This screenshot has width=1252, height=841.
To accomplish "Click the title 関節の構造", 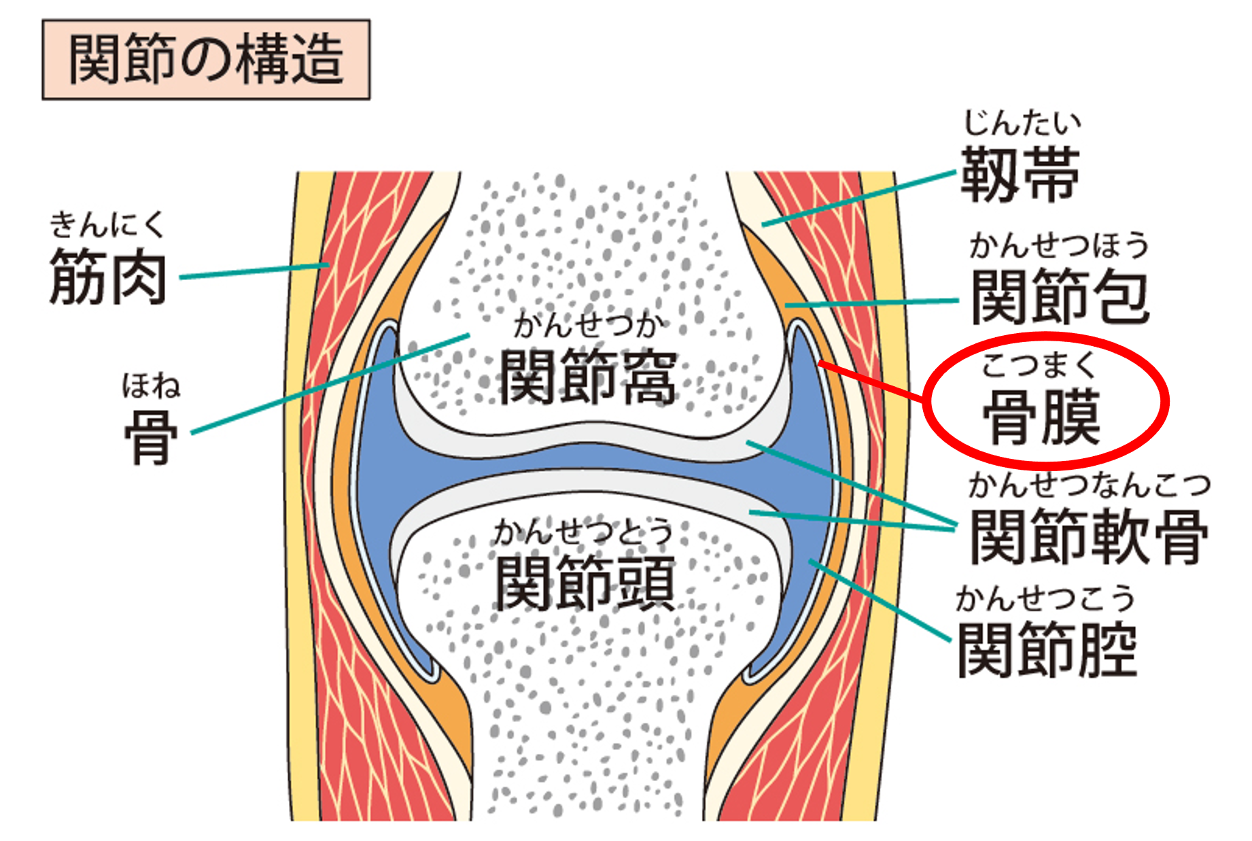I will (206, 60).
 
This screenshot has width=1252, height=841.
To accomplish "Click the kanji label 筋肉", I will (108, 277).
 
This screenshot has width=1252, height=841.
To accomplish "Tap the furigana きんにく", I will (107, 224).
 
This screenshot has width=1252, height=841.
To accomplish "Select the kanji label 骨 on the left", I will (151, 437).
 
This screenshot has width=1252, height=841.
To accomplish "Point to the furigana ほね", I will (151, 385).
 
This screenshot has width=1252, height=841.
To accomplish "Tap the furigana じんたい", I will (1022, 123).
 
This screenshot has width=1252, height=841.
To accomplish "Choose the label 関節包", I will (1060, 297).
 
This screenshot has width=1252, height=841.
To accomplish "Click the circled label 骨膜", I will (1042, 416).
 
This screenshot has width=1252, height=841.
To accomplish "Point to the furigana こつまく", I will (1039, 366).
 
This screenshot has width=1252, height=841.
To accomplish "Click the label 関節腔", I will (1047, 650).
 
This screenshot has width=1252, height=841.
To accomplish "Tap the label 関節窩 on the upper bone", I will (588, 377).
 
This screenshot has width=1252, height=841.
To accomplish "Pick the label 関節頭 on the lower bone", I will (585, 583).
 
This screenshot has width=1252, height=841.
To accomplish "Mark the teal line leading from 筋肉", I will (255, 271).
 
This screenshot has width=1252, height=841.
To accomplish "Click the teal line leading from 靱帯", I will (860, 199).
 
